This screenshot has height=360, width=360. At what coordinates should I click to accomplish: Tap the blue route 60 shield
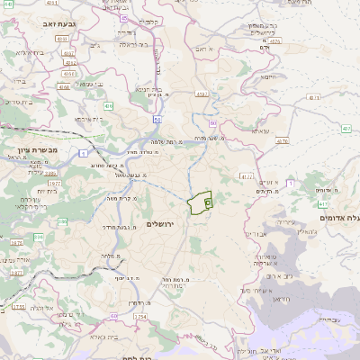157,118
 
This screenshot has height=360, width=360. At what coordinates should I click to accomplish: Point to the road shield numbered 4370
282,141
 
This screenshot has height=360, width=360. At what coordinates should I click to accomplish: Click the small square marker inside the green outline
206,204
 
